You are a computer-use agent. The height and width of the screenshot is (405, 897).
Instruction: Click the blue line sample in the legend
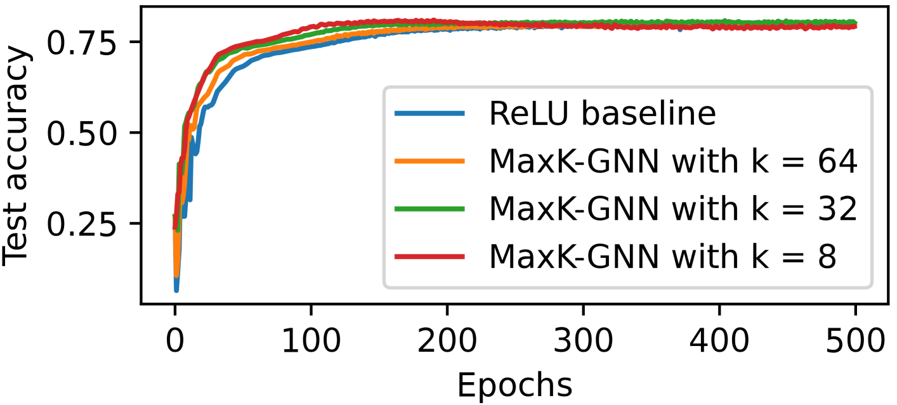(x=430, y=114)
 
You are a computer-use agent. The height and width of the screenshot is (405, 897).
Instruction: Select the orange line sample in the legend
(x=430, y=162)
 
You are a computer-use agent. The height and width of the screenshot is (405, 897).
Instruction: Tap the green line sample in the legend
(x=430, y=209)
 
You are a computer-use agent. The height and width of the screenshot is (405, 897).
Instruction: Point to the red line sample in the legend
(x=430, y=257)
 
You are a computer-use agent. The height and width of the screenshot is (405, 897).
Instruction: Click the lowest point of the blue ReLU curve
(x=176, y=290)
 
